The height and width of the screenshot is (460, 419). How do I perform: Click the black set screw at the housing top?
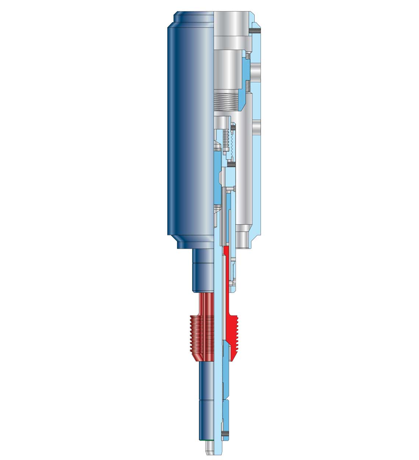(x=255, y=31)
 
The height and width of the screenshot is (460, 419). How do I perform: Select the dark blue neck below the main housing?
(x=202, y=271)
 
